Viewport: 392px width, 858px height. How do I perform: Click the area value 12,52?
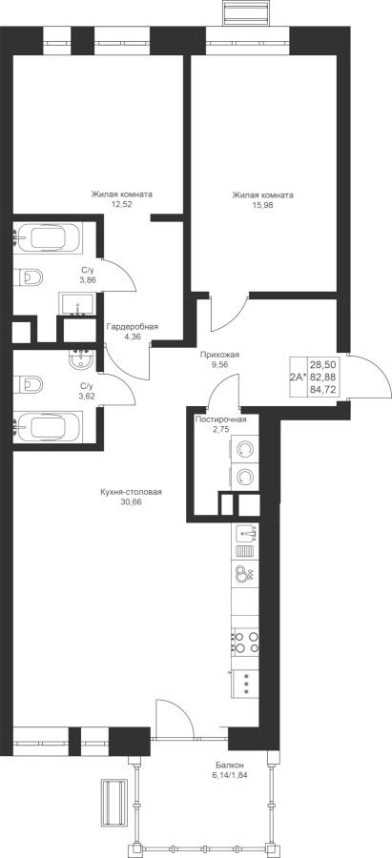121,204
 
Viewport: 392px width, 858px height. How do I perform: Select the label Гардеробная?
133,327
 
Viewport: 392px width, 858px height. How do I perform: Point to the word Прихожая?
219,355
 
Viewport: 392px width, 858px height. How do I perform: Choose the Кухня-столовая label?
132,492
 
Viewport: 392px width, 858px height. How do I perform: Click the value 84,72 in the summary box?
322,390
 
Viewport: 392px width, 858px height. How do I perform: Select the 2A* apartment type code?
298,377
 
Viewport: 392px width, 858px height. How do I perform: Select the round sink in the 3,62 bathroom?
83,360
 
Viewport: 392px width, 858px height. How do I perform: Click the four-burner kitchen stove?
245,643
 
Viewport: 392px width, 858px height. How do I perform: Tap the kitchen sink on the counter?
245,533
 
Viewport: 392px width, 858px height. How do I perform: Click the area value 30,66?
132,501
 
